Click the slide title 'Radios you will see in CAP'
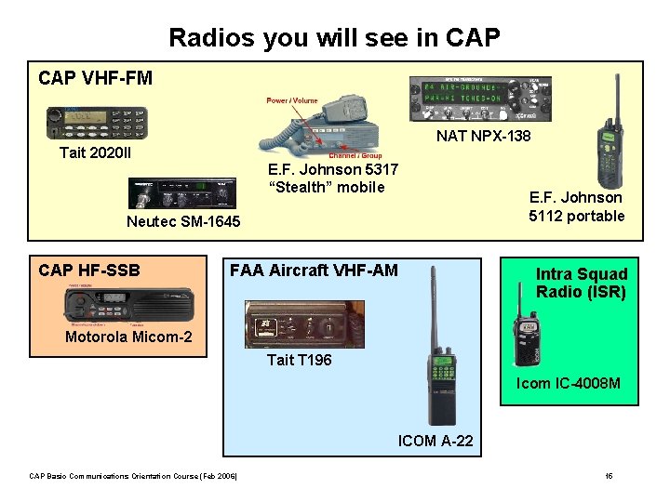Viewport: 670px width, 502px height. [334, 38]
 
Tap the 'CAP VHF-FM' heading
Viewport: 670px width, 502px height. [95, 78]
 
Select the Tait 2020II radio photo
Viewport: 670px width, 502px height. [97, 123]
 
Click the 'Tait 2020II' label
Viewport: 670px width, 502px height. [95, 152]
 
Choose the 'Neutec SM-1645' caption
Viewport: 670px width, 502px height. [183, 221]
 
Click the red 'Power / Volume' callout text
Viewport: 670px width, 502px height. [292, 100]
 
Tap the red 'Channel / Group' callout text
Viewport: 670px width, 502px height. [355, 155]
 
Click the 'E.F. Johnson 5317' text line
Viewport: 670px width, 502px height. [332, 169]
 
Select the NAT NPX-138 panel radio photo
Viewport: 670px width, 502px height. [480, 99]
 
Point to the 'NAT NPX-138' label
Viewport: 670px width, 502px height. [484, 137]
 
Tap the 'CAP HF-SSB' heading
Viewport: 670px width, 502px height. [89, 271]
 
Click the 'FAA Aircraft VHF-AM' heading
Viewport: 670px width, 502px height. [314, 271]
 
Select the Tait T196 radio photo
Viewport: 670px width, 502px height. [304, 324]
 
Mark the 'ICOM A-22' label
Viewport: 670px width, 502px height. [435, 441]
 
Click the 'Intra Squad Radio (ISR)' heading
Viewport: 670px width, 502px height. [581, 283]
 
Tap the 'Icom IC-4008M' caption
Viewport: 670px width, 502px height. [568, 383]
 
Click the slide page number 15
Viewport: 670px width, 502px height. [609, 476]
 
